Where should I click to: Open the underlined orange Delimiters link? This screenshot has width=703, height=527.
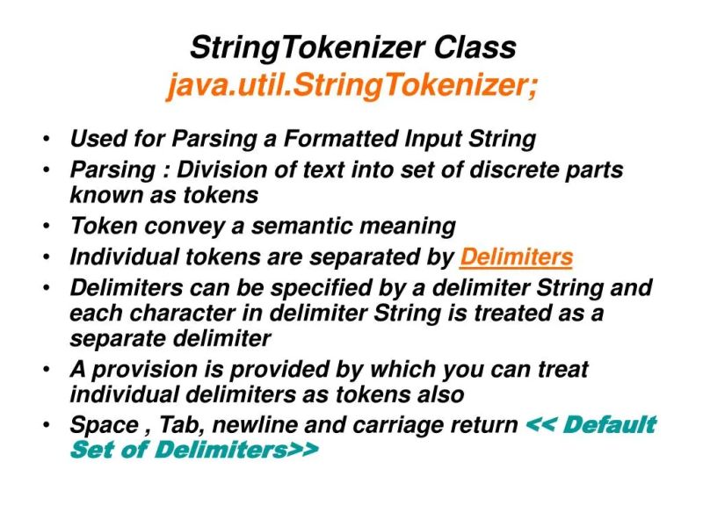[x=516, y=257]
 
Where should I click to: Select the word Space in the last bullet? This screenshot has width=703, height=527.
[x=101, y=425]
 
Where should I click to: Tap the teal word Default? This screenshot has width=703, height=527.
[x=610, y=425]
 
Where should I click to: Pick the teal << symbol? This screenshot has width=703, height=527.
[x=541, y=425]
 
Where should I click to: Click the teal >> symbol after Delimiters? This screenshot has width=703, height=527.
[x=300, y=451]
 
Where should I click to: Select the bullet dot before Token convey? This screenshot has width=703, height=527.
[x=45, y=227]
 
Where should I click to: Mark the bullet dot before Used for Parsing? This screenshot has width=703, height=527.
[x=45, y=140]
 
